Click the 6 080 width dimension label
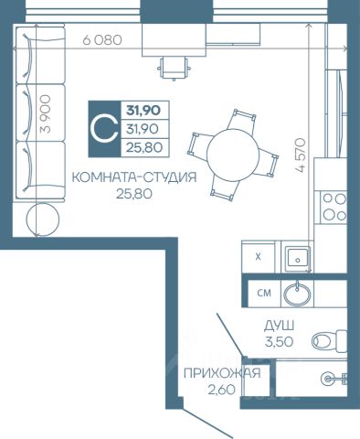pos(102,40)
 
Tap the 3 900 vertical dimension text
pos(46,113)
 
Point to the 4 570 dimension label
pos(300,155)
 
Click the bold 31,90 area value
pos(143,110)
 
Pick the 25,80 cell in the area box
pos(144,148)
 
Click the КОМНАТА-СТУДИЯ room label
pos(134,177)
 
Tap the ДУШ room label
pos(279,327)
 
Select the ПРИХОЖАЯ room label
pos(222,373)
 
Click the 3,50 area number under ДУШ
pos(279,342)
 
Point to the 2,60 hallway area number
pos(221,390)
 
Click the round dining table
pos(233,155)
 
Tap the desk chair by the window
pos(174,69)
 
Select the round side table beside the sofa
pos(43,219)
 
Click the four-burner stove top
pos(334,208)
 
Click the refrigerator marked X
pos(259,257)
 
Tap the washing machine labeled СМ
pos(264,294)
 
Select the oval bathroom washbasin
pos(298,294)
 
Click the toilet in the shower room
pos(330,340)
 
